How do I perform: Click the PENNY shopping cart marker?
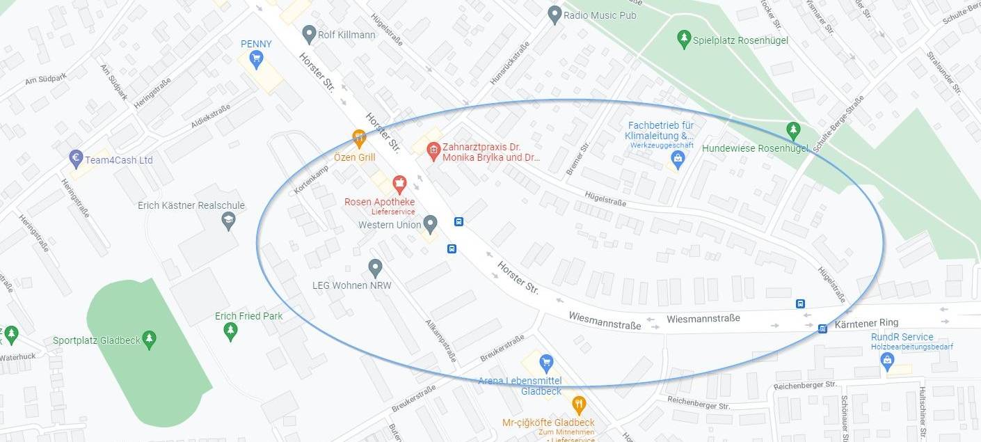coord(256,58)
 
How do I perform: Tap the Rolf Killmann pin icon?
coord(310,33)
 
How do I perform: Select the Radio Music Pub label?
coord(599,15)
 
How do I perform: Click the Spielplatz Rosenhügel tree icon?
coord(683,39)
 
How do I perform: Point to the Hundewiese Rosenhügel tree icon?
coord(792,129)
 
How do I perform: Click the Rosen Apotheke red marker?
coord(399,184)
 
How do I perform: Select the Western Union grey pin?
coord(430,224)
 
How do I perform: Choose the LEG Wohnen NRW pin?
coord(375,267)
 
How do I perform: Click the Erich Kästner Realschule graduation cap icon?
coord(228,221)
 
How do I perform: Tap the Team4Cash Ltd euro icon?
coord(77,159)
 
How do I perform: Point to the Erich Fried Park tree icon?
coord(230,332)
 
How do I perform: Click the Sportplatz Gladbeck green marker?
coord(149,340)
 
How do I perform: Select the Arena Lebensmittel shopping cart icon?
coord(546,362)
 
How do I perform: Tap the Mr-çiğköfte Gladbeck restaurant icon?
coord(578,404)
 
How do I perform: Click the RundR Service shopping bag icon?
coord(886,360)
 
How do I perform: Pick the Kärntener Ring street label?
coord(866,323)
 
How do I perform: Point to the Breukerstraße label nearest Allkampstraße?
coord(502,349)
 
